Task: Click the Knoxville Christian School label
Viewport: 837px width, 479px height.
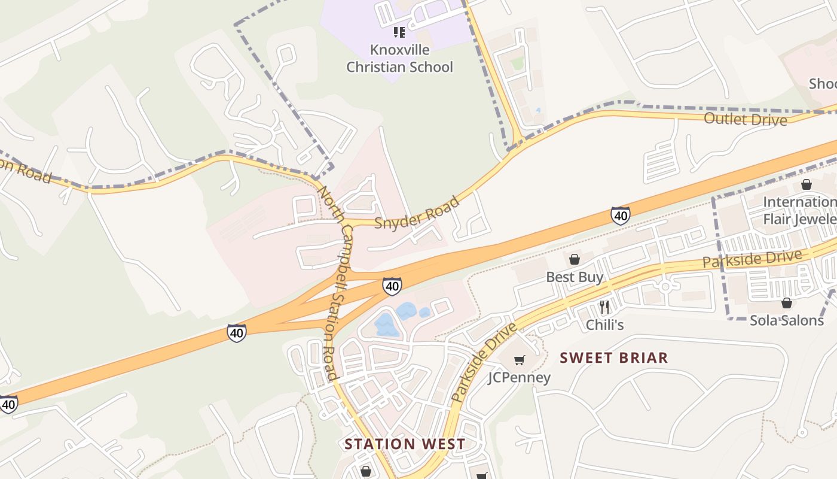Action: pos(399,58)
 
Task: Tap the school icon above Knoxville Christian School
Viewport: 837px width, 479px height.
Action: pos(399,32)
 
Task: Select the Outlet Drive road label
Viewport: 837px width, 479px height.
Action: pos(745,119)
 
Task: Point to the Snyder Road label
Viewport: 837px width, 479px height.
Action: pos(417,213)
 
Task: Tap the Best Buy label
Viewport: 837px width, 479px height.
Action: pos(575,277)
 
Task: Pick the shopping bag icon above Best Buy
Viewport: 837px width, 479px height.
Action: pos(574,259)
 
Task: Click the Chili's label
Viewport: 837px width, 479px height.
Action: pos(604,325)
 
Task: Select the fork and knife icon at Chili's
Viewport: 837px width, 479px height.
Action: pos(604,307)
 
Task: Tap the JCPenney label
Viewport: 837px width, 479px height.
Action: pos(519,377)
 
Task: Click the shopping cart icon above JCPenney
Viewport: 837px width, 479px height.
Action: pos(519,360)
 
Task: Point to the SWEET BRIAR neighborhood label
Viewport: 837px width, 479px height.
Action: pos(613,358)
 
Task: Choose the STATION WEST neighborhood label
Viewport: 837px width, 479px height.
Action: pos(405,444)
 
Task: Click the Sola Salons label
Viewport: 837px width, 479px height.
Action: pos(786,320)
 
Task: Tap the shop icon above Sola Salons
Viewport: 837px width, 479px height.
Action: pos(786,303)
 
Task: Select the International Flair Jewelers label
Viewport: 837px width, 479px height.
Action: pos(799,210)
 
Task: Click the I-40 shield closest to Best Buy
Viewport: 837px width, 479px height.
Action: pos(620,216)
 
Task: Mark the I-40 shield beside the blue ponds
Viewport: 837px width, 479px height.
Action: pos(392,286)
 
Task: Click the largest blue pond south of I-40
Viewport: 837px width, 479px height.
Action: pos(386,325)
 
